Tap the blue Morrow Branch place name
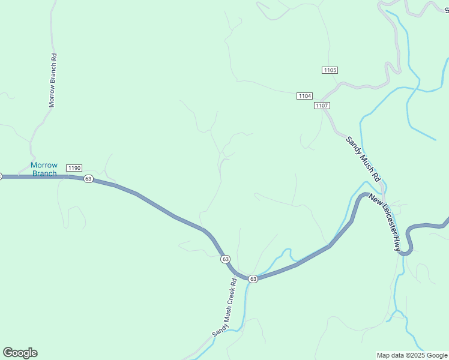44,169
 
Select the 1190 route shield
74,167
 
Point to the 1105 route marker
330,70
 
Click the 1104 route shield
305,96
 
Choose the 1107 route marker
322,106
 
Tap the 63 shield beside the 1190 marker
88,179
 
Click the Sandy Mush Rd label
363,159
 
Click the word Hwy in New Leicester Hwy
397,244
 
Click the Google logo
20,353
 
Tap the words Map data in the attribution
390,355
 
